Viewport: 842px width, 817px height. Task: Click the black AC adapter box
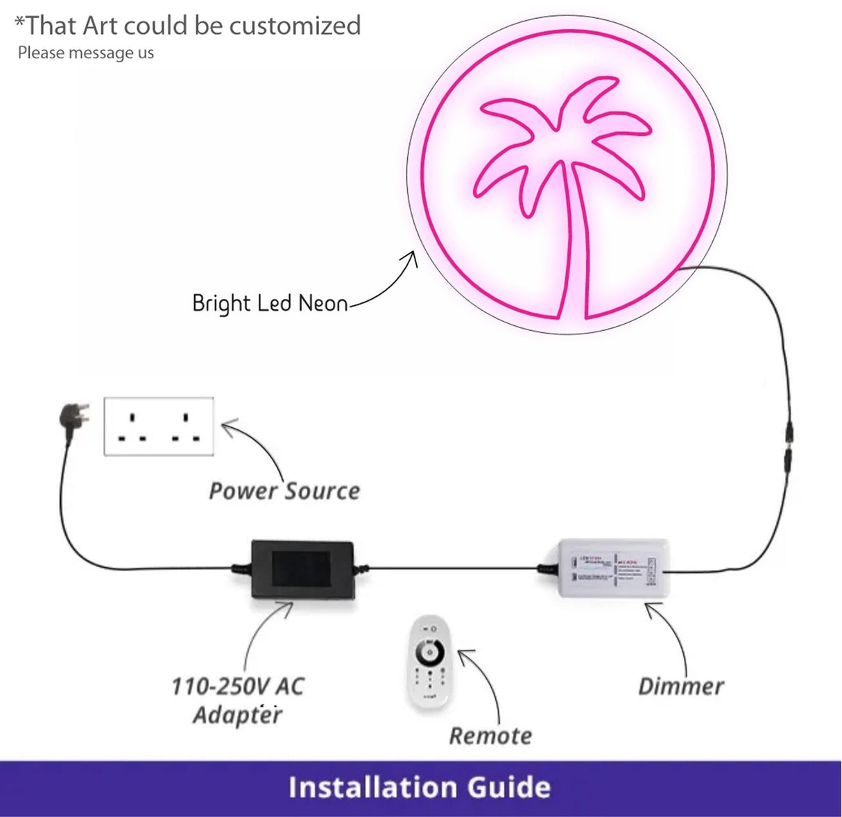(302, 569)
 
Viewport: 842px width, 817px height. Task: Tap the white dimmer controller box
(605, 569)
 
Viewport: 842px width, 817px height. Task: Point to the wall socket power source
(159, 426)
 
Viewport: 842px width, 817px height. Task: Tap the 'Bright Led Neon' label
(270, 304)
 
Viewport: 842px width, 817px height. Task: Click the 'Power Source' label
(284, 491)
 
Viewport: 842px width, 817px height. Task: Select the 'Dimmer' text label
(680, 687)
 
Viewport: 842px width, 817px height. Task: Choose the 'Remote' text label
(490, 736)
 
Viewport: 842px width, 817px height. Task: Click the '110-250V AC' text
(237, 687)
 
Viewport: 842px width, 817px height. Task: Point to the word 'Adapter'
(237, 714)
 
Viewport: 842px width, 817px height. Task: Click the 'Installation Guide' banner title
(420, 787)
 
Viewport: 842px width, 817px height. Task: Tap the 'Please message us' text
(86, 53)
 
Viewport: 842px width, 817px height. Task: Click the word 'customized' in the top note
(295, 26)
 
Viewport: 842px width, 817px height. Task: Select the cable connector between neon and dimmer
(789, 445)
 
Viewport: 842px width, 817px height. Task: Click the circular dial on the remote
(429, 652)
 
